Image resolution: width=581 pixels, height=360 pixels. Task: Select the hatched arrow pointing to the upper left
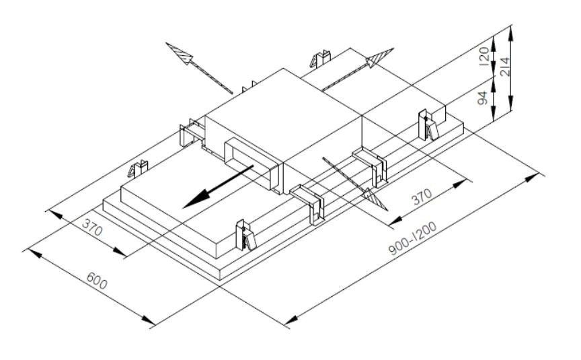click(182, 53)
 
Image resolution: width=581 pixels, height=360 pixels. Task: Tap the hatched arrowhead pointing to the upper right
click(380, 58)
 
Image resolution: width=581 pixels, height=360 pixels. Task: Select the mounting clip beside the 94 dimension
click(427, 124)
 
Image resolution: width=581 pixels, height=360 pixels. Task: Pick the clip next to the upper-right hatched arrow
click(319, 59)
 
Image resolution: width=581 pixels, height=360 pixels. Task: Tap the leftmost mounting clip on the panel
click(139, 168)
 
